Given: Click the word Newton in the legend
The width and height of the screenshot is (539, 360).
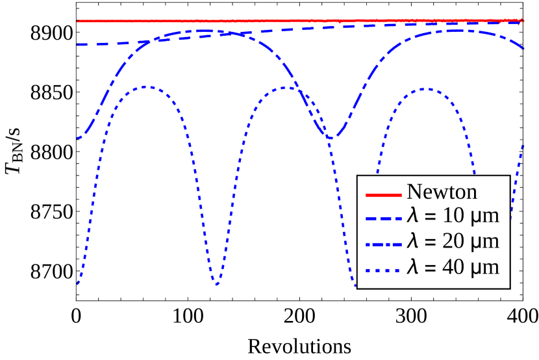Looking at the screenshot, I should (442, 192).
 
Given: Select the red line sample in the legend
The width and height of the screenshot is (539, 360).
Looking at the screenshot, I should (383, 194).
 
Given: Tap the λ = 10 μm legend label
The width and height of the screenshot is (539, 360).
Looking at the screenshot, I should (453, 217).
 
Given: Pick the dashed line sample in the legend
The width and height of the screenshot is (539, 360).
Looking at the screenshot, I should (383, 218).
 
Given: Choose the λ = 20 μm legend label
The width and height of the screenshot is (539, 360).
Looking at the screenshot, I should (453, 242).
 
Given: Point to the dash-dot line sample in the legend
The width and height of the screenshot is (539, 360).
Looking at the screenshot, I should (383, 243).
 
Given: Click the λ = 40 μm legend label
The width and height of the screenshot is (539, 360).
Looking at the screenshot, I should (453, 266).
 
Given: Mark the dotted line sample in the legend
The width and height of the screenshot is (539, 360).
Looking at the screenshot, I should (383, 268).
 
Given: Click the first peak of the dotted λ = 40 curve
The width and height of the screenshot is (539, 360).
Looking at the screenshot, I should (146, 86).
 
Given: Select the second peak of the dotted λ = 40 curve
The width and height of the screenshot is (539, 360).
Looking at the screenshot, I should (286, 87).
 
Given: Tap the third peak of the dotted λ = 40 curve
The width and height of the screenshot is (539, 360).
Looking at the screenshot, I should (423, 89).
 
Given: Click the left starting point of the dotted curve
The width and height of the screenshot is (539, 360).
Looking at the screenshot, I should (78, 283).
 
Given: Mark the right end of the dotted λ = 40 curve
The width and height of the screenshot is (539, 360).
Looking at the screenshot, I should (523, 146).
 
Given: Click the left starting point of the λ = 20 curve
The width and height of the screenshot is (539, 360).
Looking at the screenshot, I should (78, 138).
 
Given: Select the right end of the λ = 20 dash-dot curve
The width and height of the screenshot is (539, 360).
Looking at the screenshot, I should (523, 49).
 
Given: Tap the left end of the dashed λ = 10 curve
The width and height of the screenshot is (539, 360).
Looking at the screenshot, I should (78, 44).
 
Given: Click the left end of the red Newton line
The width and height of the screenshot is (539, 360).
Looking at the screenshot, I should (78, 21).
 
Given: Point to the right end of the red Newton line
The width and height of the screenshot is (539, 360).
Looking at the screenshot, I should (523, 20).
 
